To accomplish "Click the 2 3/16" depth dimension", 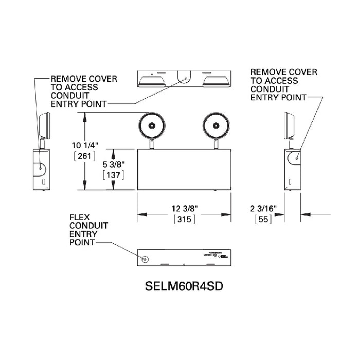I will click(x=264, y=208).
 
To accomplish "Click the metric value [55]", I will click(x=263, y=219).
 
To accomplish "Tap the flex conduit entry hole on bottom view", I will click(x=145, y=259).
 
